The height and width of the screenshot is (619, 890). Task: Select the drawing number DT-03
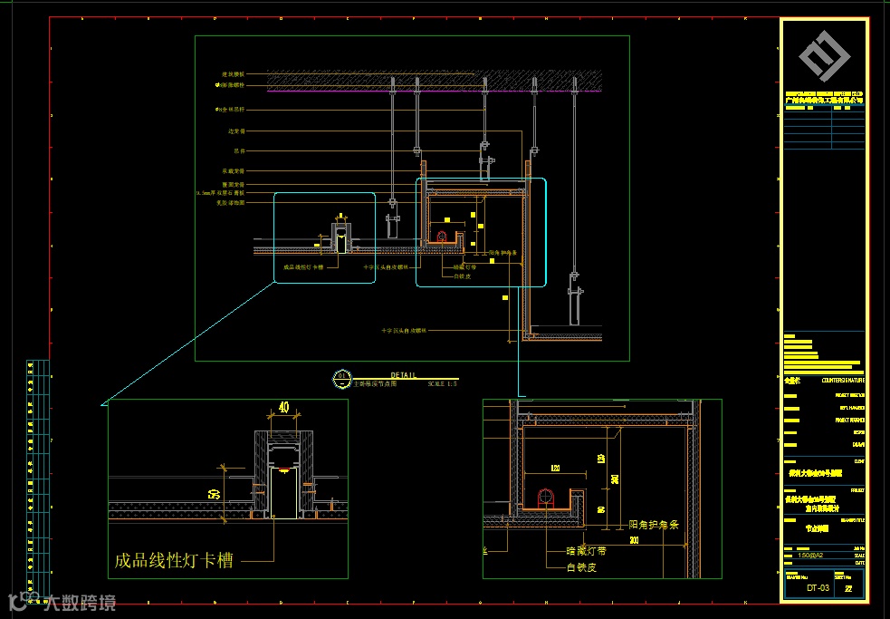818,588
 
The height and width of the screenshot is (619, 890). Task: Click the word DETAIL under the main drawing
404,375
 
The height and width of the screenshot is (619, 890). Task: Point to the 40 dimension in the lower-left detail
284,409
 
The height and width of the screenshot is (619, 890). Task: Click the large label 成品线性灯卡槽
173,560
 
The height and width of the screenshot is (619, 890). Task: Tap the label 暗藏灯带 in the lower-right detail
586,550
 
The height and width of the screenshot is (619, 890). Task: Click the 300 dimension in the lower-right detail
634,540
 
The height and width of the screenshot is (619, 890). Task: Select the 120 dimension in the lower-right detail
554,469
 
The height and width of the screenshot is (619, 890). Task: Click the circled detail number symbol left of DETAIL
341,378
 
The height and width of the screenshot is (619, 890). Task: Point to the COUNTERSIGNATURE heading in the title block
842,381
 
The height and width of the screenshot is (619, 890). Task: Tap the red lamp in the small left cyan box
340,232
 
